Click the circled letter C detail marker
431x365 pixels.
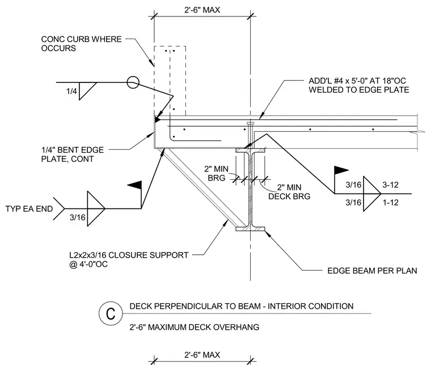pos(111,313)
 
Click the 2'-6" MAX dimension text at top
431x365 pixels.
pos(202,10)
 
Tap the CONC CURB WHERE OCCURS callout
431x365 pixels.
pos(81,44)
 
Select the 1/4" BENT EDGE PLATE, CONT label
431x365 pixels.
pos(73,154)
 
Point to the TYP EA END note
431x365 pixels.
pos(29,209)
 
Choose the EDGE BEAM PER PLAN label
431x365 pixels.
pos(372,271)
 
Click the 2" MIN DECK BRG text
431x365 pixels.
pos(289,192)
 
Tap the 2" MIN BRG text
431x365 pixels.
pos(216,173)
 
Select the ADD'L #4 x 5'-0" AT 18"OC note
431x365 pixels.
pos(357,81)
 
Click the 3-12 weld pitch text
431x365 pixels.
pos(390,185)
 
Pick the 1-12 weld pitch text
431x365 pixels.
pos(391,203)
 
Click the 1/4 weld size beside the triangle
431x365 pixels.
pos(72,91)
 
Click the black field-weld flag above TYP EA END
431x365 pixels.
pos(135,185)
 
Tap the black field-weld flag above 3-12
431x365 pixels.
pos(341,170)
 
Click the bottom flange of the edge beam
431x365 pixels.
pos(250,229)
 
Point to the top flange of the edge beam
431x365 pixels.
pos(250,150)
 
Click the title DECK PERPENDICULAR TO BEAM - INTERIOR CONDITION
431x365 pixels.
pos(242,306)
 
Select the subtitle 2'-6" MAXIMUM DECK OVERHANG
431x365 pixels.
pos(195,327)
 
